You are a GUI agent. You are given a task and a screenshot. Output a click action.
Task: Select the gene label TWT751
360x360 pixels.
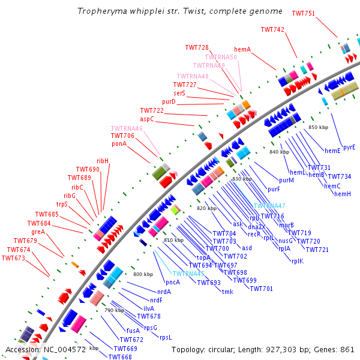(303, 13)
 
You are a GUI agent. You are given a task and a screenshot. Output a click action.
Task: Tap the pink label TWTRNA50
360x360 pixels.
(221, 57)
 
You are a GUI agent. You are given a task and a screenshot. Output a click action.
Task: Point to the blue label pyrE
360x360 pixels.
(349, 146)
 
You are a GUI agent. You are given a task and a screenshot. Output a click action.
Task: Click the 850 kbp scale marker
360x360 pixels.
(318, 127)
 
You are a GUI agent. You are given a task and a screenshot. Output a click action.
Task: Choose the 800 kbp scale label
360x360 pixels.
(143, 274)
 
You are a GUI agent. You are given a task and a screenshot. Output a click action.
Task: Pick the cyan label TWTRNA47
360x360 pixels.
(269, 206)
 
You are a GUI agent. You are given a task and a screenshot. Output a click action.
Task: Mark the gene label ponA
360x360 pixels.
(119, 143)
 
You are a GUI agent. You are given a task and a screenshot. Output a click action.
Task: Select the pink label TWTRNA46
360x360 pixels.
(127, 128)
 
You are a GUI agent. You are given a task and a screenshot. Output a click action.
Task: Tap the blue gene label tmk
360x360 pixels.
(227, 292)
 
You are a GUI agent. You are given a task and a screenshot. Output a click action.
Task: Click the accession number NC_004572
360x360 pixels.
(64, 349)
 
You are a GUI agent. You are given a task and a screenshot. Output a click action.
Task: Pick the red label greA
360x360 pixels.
(38, 232)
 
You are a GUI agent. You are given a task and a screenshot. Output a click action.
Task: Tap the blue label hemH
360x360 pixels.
(343, 194)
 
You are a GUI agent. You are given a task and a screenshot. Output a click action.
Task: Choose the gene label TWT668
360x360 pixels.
(120, 357)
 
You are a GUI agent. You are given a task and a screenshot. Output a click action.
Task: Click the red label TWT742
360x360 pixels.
(272, 29)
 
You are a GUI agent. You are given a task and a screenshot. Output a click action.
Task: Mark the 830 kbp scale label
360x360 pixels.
(242, 179)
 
